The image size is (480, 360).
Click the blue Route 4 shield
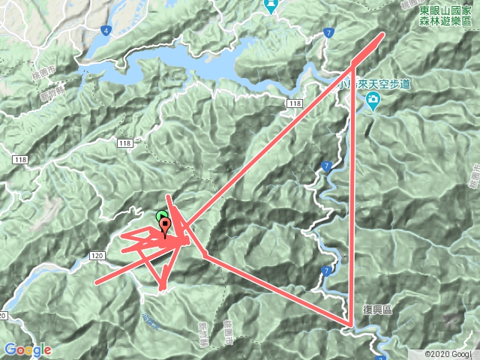[107, 31]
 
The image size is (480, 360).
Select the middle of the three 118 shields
[124, 142]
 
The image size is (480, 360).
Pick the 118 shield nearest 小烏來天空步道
[294, 103]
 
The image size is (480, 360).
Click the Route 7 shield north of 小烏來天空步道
[329, 32]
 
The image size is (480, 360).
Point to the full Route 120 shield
[97, 256]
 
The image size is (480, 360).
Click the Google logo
[27, 349]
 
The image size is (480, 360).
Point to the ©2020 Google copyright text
[448, 353]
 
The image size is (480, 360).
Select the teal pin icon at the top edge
[271, 6]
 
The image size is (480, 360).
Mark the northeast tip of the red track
[382, 35]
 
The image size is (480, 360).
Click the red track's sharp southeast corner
[350, 325]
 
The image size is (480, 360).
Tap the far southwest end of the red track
[96, 283]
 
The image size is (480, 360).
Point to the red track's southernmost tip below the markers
[162, 287]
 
